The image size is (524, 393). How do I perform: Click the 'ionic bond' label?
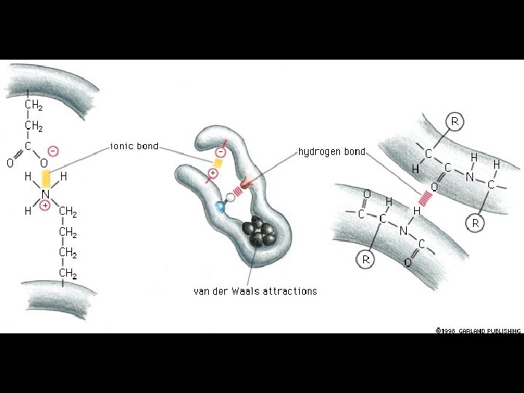pos(134,146)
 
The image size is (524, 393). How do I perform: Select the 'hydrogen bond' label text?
pos(332,152)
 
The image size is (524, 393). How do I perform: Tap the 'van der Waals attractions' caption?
pos(255,291)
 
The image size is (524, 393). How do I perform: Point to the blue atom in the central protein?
pos(221,207)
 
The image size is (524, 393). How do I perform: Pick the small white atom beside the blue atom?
pos(231,197)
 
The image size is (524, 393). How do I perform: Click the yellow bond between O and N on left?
pos(46,178)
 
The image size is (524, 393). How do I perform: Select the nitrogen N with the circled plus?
pos(45,194)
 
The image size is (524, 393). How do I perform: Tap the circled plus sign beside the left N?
pos(45,206)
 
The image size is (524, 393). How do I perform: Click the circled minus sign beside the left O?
pos(54,151)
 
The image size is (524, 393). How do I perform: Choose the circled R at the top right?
pos(455,122)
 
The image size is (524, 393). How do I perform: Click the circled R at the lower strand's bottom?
pos(367,258)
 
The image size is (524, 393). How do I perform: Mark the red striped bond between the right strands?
pos(424,197)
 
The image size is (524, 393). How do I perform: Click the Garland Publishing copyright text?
pos(477,330)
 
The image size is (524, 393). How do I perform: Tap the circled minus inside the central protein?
pos(221,151)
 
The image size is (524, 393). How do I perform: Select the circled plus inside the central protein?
pos(213,173)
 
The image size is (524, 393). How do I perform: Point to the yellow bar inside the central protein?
pos(218,163)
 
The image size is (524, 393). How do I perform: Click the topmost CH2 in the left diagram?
pos(33,105)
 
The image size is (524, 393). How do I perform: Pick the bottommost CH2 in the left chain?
pos(68,274)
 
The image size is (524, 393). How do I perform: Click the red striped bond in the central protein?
pos(238,191)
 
